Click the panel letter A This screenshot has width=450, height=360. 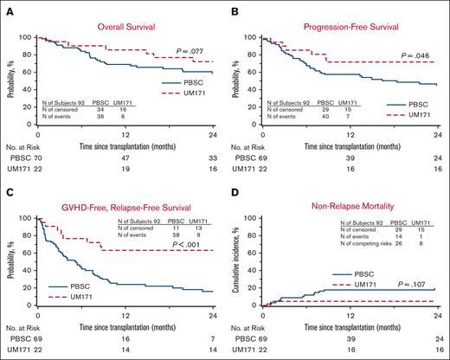pyautogui.click(x=7, y=8)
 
